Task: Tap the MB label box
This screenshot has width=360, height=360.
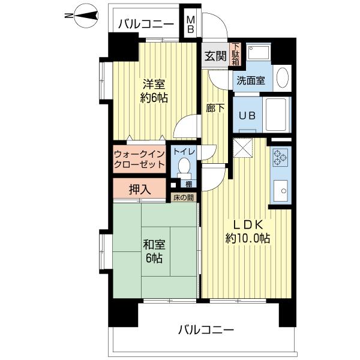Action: pyautogui.click(x=190, y=24)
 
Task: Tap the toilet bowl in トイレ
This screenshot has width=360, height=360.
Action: pyautogui.click(x=184, y=165)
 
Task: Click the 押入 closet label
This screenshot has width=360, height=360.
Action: pyautogui.click(x=139, y=190)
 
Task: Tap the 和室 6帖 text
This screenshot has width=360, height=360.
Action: pyautogui.click(x=154, y=252)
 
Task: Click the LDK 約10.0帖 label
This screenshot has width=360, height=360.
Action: pyautogui.click(x=247, y=230)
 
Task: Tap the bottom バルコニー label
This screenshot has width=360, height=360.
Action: pyautogui.click(x=206, y=329)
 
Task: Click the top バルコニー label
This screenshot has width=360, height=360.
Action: pyautogui.click(x=146, y=25)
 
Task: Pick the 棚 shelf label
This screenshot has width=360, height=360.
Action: pyautogui.click(x=188, y=184)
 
